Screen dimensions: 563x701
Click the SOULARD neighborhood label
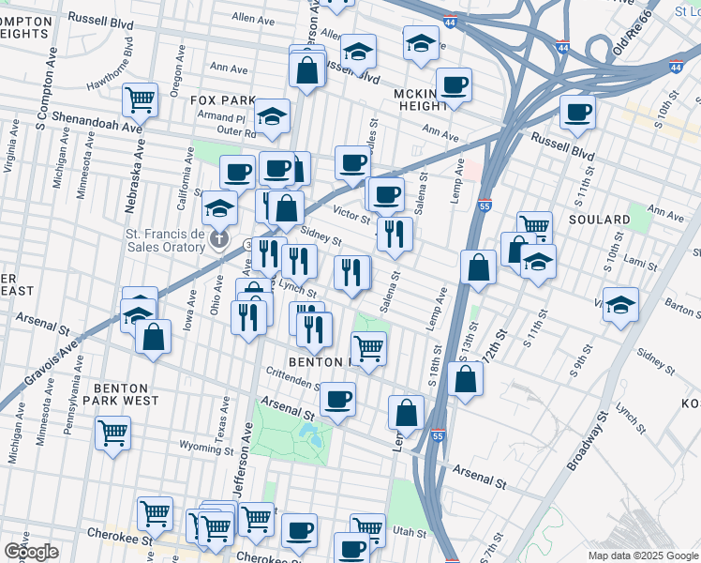tap(599, 220)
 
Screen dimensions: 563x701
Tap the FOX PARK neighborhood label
tap(222, 99)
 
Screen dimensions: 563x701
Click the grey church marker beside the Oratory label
tap(219, 239)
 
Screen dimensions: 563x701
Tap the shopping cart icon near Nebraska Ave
tap(140, 98)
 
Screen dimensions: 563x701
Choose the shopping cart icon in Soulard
tap(534, 223)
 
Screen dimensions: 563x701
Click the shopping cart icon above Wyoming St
tap(113, 432)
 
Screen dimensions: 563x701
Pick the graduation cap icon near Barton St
tap(620, 305)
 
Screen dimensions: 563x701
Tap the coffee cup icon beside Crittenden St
tap(337, 398)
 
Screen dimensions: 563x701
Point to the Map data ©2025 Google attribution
tap(641, 555)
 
